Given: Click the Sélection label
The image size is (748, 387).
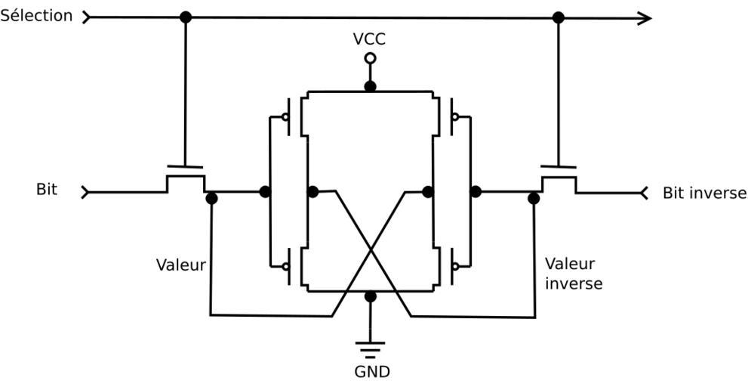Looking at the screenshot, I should point(36,16).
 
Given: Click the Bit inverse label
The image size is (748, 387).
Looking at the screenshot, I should point(703,193).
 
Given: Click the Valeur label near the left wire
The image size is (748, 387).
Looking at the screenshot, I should point(180,265).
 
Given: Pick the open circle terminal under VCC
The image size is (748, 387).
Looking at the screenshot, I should point(370,58).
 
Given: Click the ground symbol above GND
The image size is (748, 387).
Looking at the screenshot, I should point(370,349).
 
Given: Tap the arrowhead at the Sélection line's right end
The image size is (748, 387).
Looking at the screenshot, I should point(644,18).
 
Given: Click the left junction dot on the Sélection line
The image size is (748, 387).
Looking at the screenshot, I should point(186,17).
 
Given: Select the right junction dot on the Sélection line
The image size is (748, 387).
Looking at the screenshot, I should point(559,17).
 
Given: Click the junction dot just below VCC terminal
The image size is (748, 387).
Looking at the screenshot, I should point(370,87).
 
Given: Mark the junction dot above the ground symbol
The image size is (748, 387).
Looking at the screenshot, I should point(370,296).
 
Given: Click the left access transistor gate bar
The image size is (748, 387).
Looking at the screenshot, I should point(185,166).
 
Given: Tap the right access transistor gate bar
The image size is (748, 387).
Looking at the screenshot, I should point(559,166).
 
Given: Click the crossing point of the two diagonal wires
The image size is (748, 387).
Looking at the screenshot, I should point(370,253).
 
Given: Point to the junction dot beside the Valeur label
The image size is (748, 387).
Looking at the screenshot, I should point(211,199).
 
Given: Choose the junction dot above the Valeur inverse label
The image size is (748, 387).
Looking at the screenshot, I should point(534,199).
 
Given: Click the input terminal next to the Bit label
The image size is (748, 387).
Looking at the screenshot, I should point(86,192).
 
